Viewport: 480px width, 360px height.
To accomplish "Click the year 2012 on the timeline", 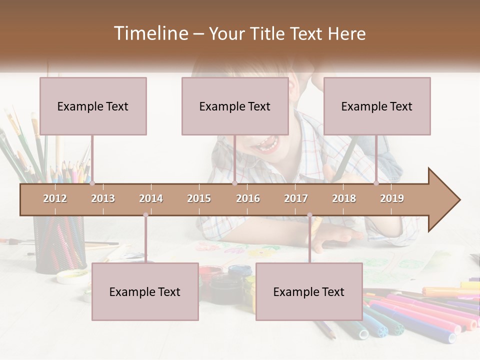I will point(55,198).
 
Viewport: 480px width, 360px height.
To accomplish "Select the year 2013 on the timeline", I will point(103,198).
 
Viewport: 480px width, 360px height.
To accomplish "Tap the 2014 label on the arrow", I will point(151,198).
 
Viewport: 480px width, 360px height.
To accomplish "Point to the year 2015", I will point(199,198).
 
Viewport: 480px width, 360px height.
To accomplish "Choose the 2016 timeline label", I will point(248,198).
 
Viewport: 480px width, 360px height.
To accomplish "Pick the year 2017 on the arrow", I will point(296,198).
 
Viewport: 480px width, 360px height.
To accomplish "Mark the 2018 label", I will point(344,198).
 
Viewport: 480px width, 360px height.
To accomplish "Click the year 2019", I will point(392,198).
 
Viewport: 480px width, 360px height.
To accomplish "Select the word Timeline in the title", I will point(150,33).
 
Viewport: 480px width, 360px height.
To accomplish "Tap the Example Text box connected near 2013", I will point(93,106).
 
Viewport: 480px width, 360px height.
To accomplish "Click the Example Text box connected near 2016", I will point(235,106).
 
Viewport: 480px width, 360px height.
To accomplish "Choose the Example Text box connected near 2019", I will point(377,106).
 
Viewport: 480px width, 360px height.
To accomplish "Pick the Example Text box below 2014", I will point(145,291).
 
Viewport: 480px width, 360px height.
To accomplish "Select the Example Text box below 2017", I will point(309,291).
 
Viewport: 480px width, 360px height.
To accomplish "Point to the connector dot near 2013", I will point(92,183).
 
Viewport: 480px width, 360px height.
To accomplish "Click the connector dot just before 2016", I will point(235,183).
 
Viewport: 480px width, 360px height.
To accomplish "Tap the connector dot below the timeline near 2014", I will point(145,215).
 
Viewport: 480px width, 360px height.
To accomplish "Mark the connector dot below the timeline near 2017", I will point(309,215).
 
